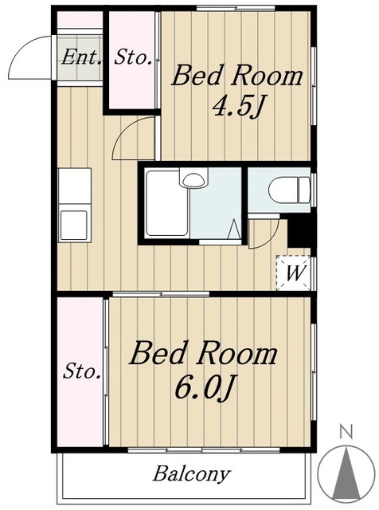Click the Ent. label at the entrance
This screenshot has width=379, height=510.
click(81, 57)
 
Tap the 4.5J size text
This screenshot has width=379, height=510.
click(237, 106)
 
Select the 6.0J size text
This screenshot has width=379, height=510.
click(204, 387)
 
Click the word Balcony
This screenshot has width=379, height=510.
click(192, 475)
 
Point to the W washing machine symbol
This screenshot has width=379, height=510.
click(294, 273)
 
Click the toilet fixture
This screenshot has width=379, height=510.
click(290, 190)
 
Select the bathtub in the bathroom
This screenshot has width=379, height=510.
click(167, 203)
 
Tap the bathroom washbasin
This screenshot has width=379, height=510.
click(193, 178)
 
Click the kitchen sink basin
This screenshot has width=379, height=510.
click(74, 225)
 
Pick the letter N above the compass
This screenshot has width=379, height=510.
click(346, 432)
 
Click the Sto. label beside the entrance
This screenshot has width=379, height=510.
click(133, 58)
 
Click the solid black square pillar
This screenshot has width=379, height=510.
click(299, 230)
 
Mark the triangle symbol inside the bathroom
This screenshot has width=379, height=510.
click(234, 229)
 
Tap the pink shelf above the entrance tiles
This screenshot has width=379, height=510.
click(80, 19)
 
